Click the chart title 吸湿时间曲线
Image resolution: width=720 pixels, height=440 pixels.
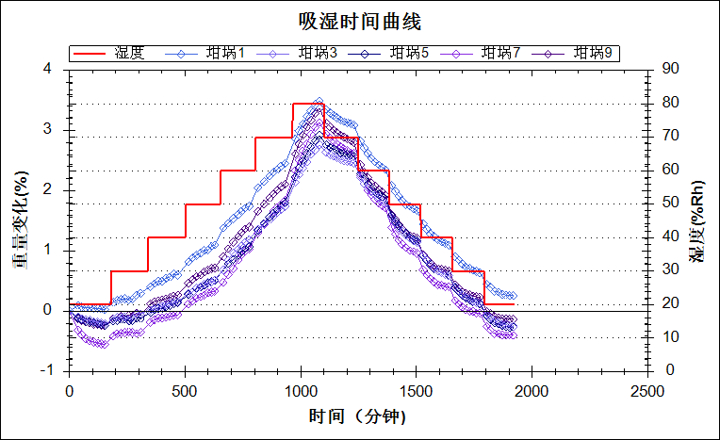(x=359, y=21)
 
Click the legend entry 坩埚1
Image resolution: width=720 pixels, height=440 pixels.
(x=225, y=53)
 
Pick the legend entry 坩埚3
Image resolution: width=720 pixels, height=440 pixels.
(x=318, y=53)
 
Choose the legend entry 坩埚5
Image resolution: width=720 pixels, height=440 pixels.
(x=409, y=53)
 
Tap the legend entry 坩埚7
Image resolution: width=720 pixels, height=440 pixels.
(x=501, y=53)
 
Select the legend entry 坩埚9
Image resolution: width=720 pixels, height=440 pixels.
(x=593, y=53)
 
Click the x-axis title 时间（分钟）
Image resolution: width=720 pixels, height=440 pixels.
(x=358, y=416)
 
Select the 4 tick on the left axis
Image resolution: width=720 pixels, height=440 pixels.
(x=47, y=69)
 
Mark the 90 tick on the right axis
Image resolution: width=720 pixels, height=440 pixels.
(x=671, y=69)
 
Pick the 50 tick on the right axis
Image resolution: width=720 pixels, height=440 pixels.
(x=671, y=203)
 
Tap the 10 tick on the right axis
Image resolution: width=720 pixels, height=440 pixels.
(x=671, y=337)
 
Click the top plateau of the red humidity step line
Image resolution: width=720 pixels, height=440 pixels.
(x=308, y=104)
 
